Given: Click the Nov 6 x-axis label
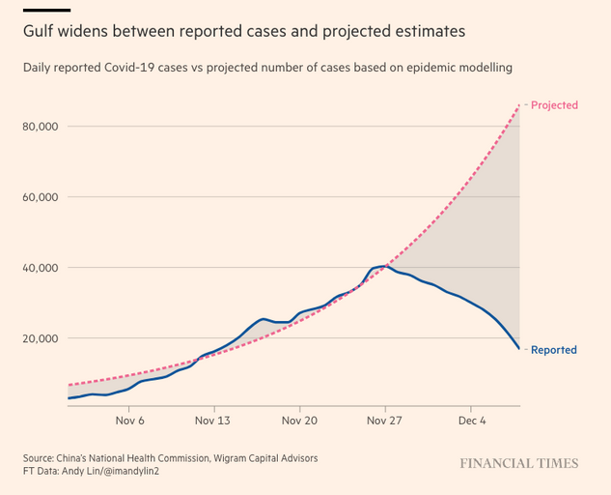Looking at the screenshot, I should pyautogui.click(x=129, y=422).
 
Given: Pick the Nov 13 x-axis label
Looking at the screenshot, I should pyautogui.click(x=212, y=422).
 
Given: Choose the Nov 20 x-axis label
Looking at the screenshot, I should pyautogui.click(x=299, y=422).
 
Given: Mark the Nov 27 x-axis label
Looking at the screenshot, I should pyautogui.click(x=384, y=422).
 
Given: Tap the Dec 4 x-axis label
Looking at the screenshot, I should pyautogui.click(x=472, y=422).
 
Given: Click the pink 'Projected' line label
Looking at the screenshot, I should pyautogui.click(x=554, y=105).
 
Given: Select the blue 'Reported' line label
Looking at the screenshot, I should pyautogui.click(x=554, y=350).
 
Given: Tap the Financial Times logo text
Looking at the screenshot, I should pyautogui.click(x=518, y=464).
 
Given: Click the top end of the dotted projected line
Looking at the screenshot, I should pyautogui.click(x=520, y=105).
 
